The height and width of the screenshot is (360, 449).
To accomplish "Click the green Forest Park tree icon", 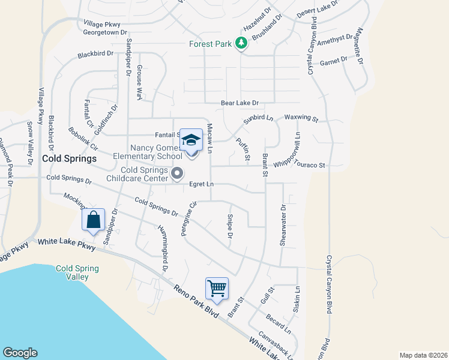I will [x=241, y=43].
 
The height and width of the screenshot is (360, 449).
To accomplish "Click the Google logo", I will [x=20, y=353].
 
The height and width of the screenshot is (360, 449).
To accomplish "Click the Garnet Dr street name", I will [x=334, y=61].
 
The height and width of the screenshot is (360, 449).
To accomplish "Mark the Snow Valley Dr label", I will [x=29, y=144].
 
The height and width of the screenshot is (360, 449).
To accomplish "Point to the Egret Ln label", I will [x=201, y=184].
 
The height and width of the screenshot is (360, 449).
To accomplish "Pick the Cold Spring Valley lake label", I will [x=73, y=272].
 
